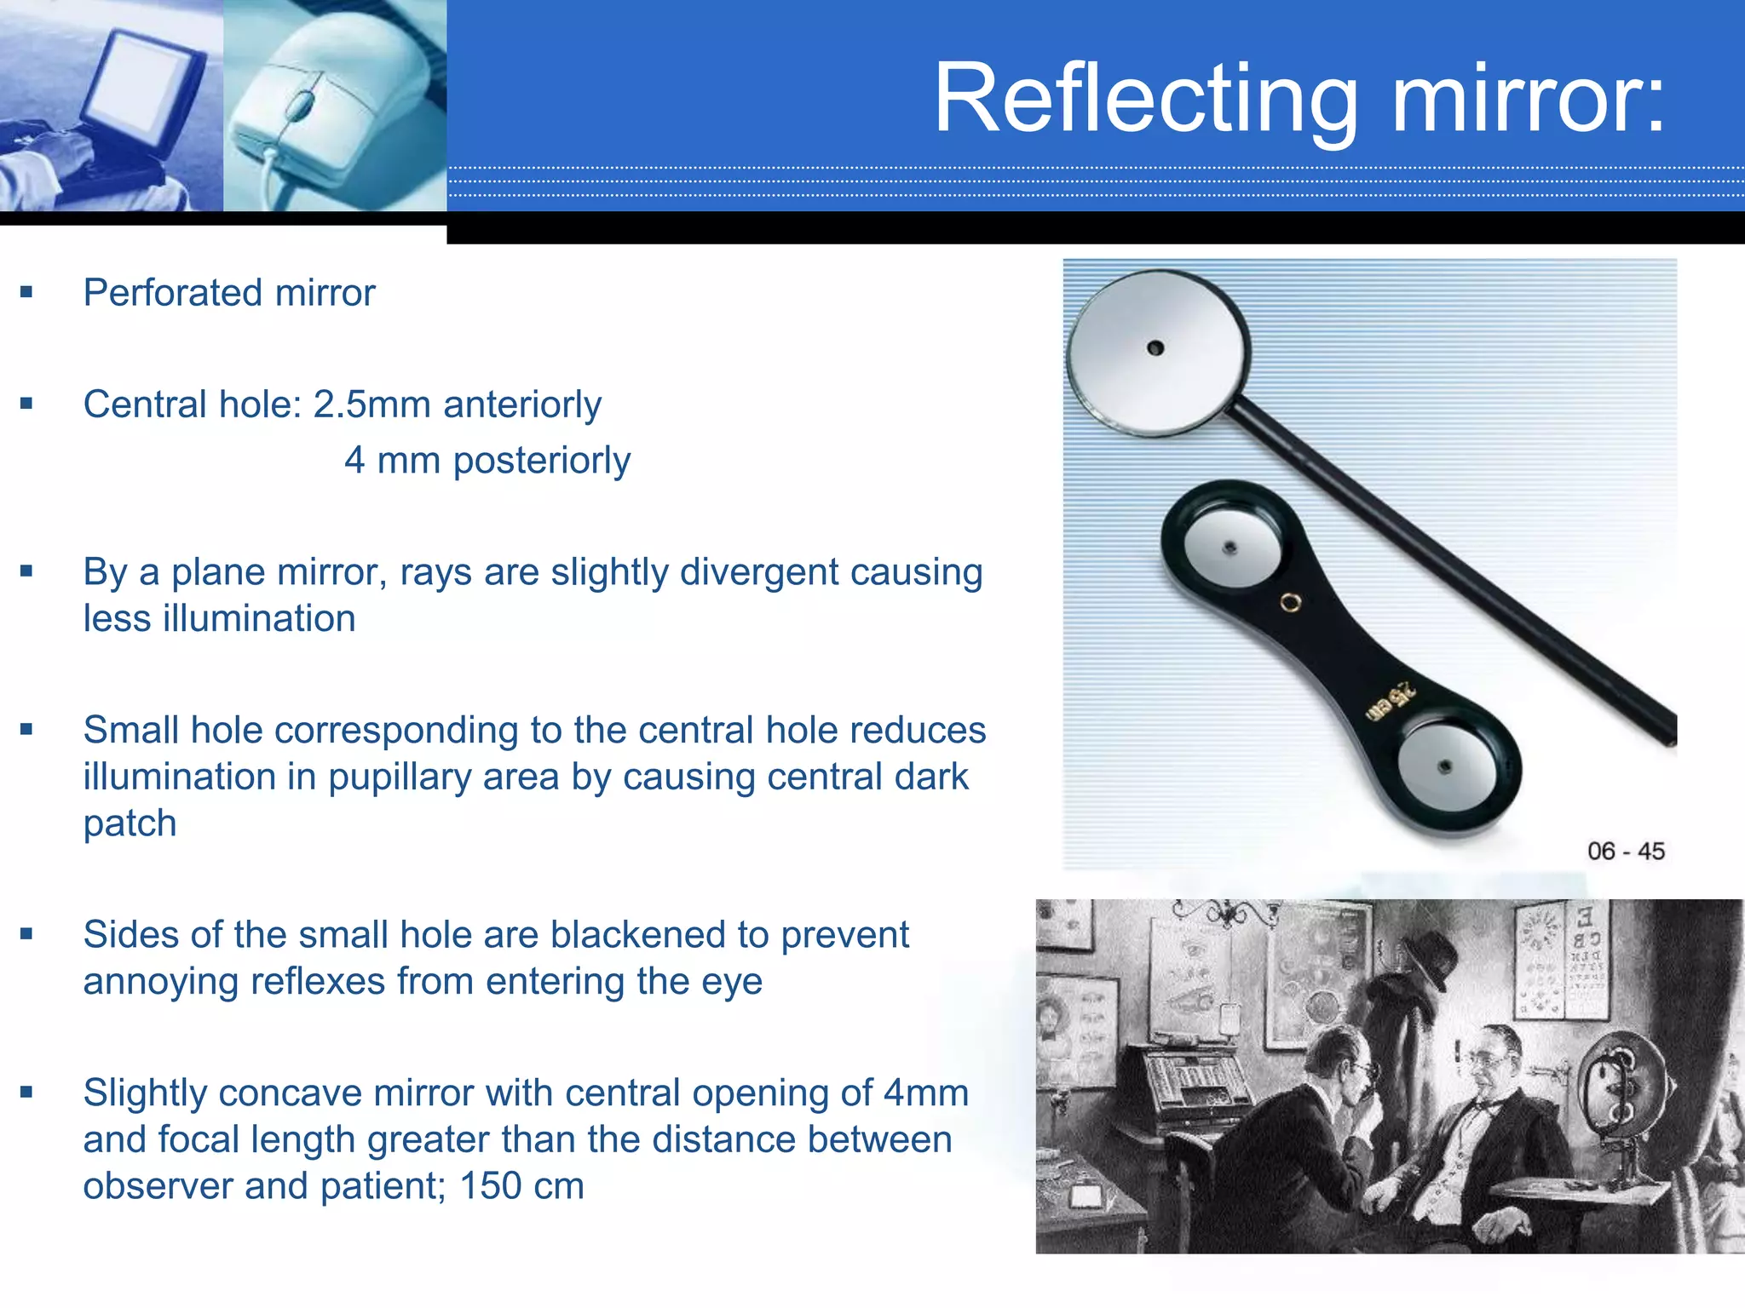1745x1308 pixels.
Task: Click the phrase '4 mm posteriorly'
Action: [x=487, y=461]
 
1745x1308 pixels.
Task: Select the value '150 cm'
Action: [x=521, y=1185]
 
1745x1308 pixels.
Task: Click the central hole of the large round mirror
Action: [x=1155, y=347]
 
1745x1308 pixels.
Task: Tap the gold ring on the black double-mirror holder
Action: [x=1290, y=603]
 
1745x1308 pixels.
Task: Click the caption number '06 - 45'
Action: [x=1625, y=851]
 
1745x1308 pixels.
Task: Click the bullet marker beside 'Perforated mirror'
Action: [x=26, y=292]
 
